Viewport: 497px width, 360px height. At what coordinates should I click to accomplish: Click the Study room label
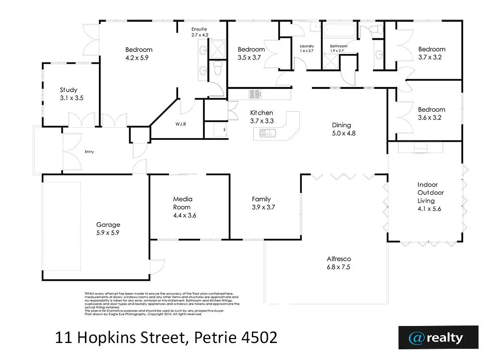[x=68, y=90]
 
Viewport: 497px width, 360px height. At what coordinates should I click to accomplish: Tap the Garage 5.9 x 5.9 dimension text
[x=108, y=233]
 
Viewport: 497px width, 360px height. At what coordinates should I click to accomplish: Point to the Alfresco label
[x=339, y=259]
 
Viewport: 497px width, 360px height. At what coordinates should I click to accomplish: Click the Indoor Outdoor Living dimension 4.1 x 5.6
[x=429, y=209]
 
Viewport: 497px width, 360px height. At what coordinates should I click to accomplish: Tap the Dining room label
[x=341, y=125]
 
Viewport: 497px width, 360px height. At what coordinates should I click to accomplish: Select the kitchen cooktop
[x=256, y=94]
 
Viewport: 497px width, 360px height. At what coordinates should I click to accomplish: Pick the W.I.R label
[x=181, y=124]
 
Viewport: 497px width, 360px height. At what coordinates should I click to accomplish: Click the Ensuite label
[x=199, y=29]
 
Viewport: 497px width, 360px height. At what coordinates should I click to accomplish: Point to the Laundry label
[x=307, y=46]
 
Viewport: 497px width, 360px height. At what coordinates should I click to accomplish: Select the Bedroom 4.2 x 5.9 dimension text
[x=139, y=57]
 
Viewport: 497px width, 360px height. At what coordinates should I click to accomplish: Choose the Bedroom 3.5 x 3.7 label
[x=251, y=49]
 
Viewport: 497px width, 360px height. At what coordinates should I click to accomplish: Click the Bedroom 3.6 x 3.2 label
[x=431, y=110]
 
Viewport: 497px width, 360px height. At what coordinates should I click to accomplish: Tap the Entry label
[x=89, y=152]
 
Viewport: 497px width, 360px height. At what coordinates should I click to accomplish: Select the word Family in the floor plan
[x=261, y=199]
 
